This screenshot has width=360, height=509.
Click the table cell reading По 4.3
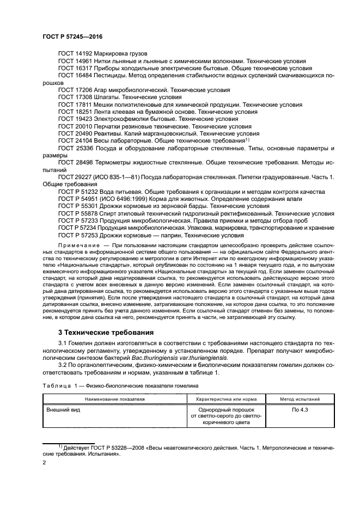coord(300,409)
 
